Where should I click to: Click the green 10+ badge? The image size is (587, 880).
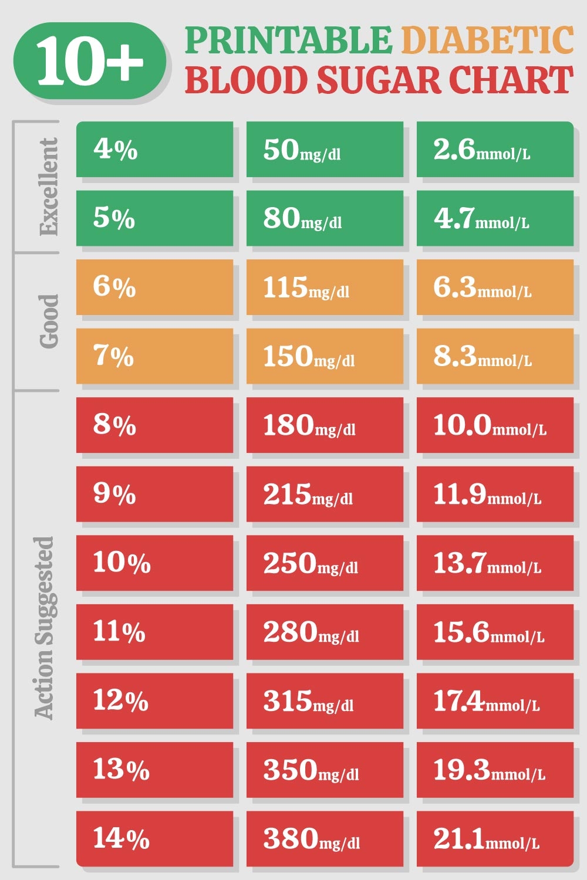89,61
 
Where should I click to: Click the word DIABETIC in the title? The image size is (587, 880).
487,40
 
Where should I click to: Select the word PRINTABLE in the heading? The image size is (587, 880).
288,40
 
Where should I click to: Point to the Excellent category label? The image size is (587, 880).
49,187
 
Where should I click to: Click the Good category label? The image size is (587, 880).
49,321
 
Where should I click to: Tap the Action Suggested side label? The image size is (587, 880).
45,628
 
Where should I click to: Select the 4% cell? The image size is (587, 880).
154,149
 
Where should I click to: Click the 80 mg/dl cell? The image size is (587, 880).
325,218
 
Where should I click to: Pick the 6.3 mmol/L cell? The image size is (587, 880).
495,287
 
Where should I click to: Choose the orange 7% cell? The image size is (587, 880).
154,356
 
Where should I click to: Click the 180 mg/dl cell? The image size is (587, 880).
325,425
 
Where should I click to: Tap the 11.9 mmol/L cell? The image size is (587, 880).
495,493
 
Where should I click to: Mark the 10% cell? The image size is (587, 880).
154,563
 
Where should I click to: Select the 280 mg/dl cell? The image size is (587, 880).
325,631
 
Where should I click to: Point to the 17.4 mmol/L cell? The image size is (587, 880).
495,700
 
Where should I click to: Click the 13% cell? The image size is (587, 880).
154,769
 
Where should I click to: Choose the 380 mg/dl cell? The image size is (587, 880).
325,838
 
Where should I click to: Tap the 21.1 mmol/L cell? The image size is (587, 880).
495,838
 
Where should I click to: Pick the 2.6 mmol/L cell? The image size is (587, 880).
495,149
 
